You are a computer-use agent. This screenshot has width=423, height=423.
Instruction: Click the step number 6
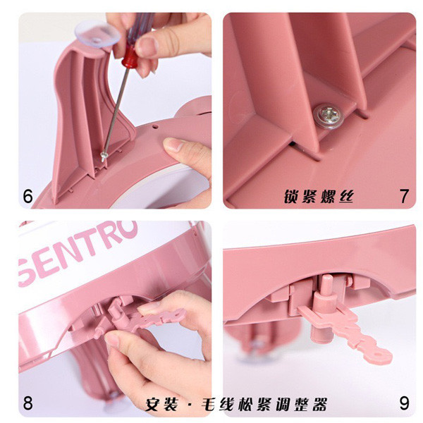click(27, 196)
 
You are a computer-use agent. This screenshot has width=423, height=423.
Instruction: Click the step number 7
click(404, 196)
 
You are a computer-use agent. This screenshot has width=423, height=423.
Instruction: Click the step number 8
click(27, 403)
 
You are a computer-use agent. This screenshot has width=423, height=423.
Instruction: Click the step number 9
click(404, 403)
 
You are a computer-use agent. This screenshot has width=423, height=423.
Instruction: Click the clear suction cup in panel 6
click(97, 34)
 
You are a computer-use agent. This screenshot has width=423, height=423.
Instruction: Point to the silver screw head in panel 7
click(329, 116)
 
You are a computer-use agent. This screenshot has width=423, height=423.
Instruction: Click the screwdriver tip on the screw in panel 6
click(104, 157)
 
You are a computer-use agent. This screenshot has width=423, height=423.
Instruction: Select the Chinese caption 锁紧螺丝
click(319, 196)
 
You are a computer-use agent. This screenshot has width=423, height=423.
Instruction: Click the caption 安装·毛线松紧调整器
click(236, 404)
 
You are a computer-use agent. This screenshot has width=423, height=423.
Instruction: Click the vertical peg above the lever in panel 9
click(326, 286)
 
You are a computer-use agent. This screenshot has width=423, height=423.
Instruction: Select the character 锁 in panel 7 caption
click(291, 196)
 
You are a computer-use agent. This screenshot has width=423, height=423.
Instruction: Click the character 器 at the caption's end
click(319, 404)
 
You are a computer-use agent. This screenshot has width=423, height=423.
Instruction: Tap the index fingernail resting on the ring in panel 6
click(173, 144)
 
